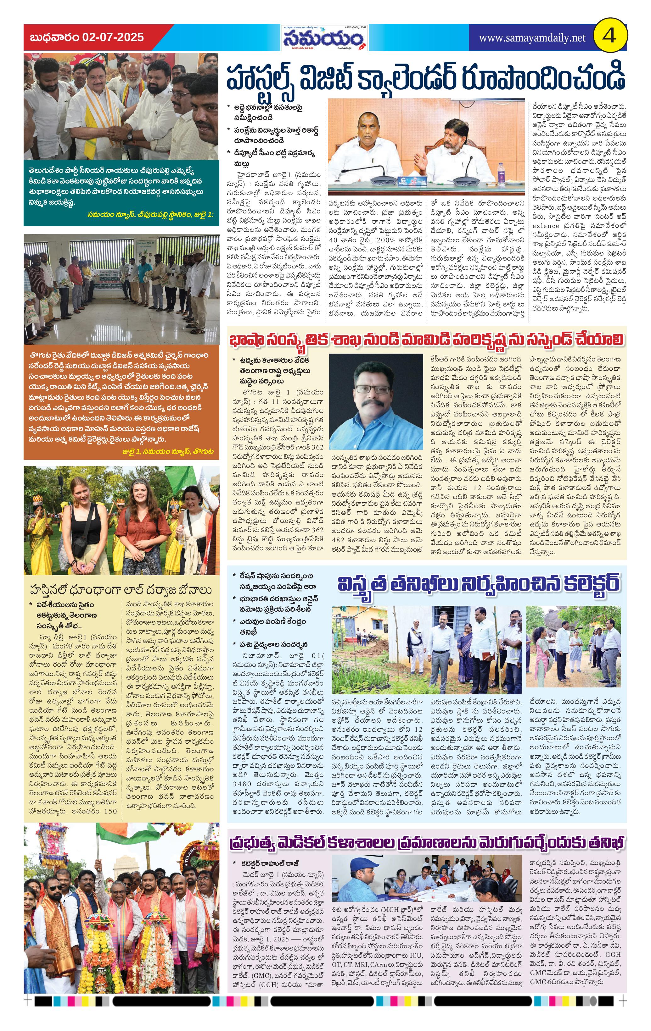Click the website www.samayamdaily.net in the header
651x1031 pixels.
click(x=532, y=38)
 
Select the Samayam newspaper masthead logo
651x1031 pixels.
click(x=324, y=39)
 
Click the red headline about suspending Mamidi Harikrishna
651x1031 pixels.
click(x=426, y=340)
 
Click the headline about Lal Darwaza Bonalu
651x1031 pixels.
click(x=121, y=590)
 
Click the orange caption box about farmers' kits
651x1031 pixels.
click(x=121, y=402)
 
